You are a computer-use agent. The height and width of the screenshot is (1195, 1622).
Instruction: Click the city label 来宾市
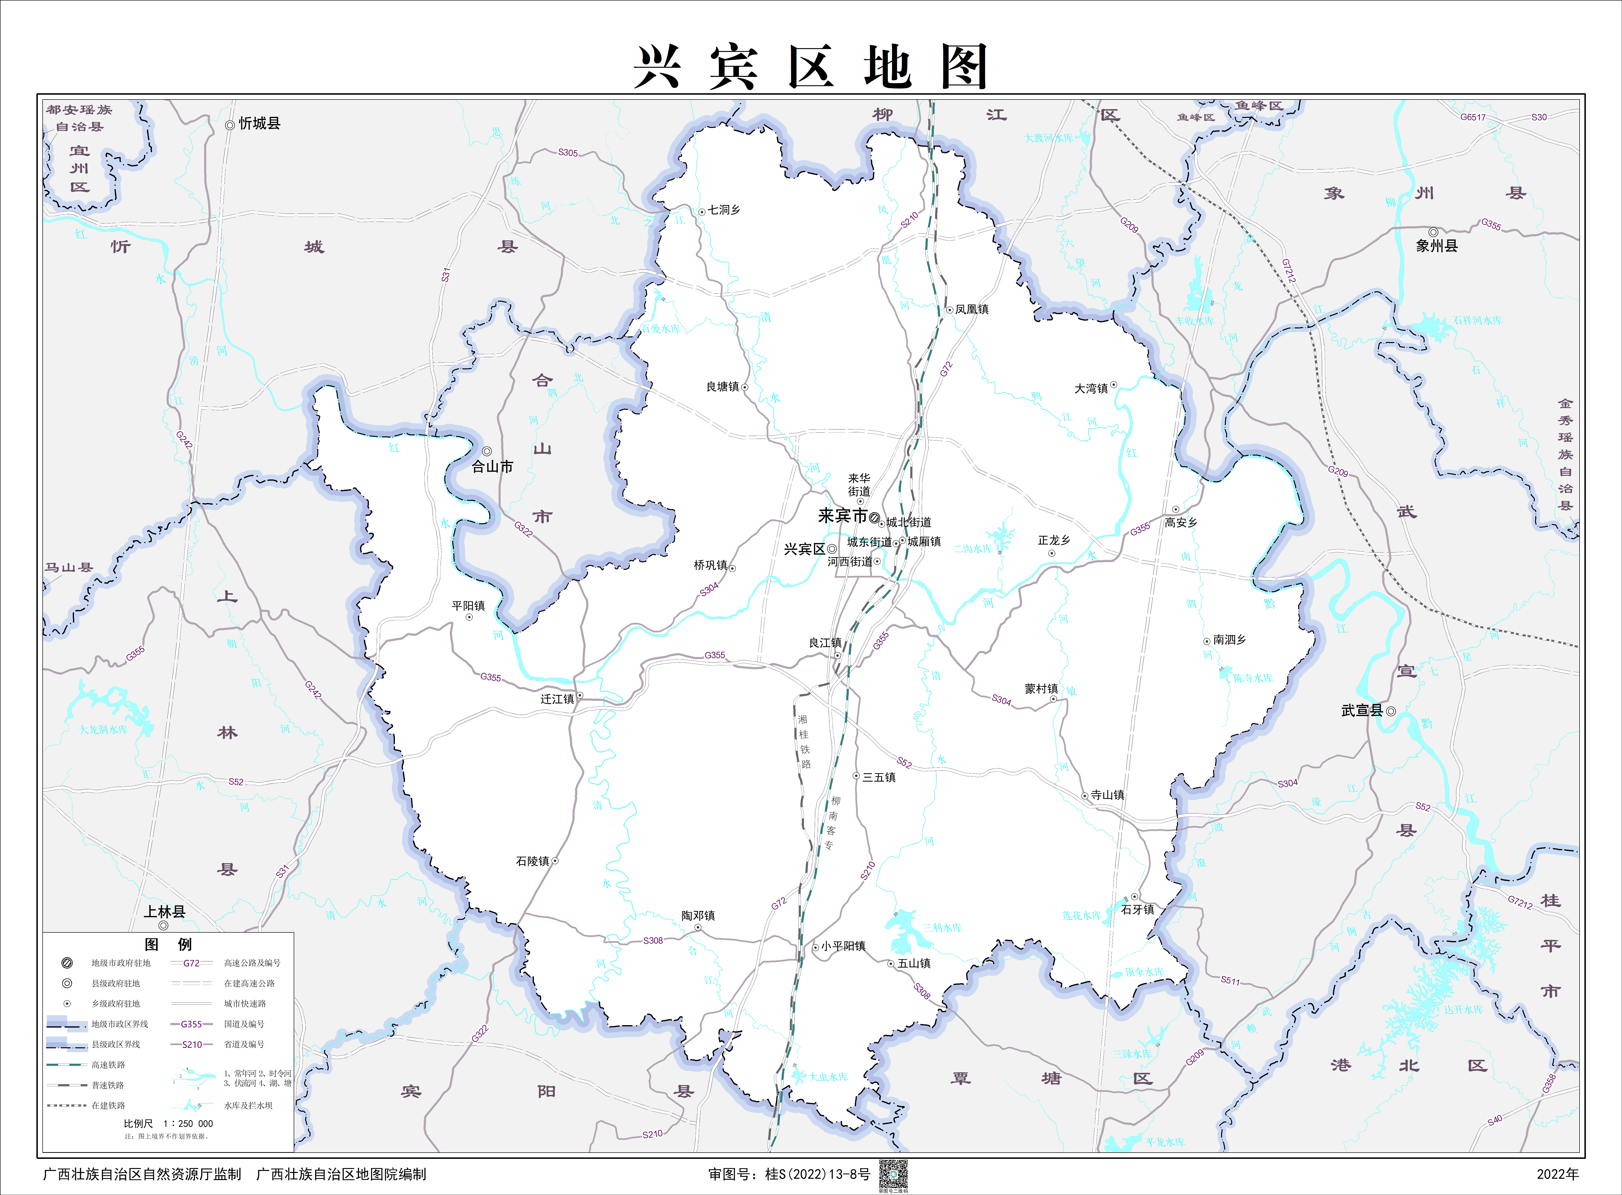[842, 516]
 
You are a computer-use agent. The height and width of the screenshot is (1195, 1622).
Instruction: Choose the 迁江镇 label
[557, 699]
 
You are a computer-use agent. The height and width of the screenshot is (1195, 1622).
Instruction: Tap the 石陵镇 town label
[532, 861]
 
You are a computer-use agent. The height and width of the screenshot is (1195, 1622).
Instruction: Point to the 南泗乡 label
[1229, 639]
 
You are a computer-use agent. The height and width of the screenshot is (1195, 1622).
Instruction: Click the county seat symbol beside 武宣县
[1390, 711]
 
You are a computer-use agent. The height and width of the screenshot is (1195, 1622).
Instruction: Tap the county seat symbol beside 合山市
[487, 451]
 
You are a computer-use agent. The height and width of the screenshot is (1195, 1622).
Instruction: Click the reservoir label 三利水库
[942, 927]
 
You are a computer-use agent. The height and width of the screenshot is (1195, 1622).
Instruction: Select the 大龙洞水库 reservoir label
[103, 729]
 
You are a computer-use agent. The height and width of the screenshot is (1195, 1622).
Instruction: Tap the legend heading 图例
[168, 944]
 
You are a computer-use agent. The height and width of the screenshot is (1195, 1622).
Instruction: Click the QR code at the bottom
[893, 1175]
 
